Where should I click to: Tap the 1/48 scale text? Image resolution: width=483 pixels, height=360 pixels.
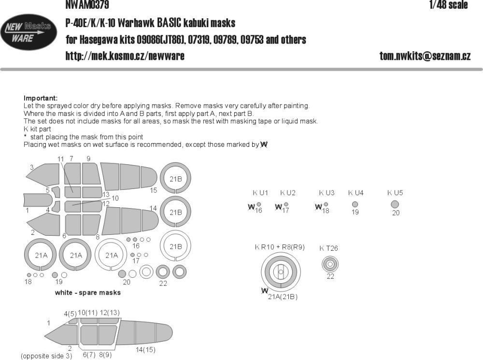click(447, 5)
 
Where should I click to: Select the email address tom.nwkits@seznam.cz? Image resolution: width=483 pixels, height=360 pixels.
click(425, 57)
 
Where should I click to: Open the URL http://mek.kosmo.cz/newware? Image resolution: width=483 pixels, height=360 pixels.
click(125, 57)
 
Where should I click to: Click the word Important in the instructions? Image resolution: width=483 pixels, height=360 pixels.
click(40, 98)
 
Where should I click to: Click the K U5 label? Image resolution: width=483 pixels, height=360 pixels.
click(395, 193)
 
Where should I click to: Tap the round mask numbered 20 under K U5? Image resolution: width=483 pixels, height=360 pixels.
click(395, 204)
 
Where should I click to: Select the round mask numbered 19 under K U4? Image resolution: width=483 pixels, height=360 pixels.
click(355, 204)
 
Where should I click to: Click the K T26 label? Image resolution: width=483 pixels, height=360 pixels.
click(328, 249)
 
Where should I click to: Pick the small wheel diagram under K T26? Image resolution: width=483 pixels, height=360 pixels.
click(330, 264)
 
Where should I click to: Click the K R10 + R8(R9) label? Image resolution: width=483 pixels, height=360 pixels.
click(280, 247)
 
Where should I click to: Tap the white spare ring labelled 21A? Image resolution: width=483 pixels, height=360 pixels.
click(112, 256)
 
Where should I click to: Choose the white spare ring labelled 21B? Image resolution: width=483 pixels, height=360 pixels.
click(175, 245)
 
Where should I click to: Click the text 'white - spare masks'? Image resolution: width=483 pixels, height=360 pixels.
click(87, 293)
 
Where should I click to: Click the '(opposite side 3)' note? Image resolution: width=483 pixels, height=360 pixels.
click(46, 356)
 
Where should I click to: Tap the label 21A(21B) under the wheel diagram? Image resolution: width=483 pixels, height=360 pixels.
click(283, 297)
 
